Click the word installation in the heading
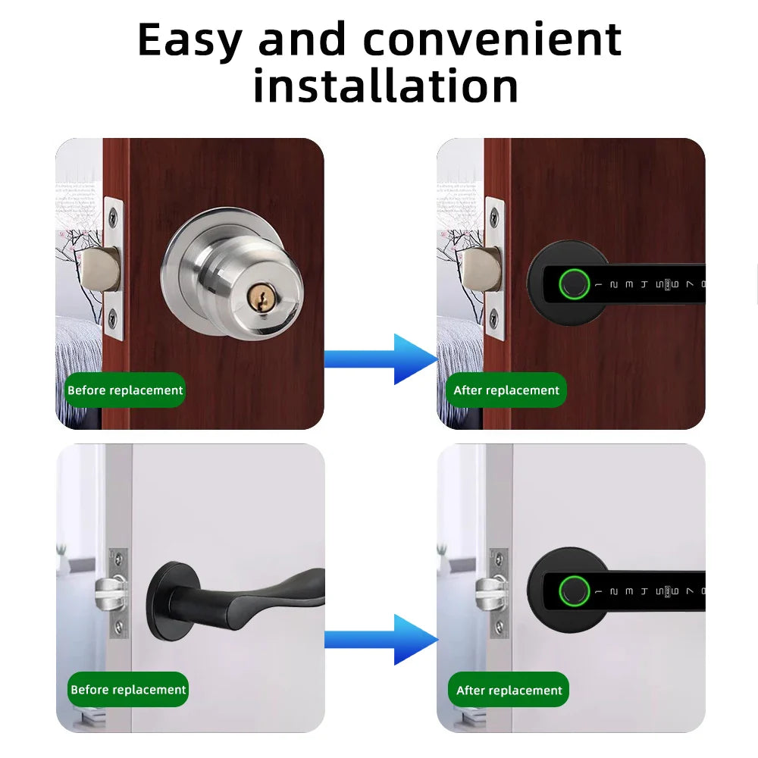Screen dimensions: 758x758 (x=386, y=86)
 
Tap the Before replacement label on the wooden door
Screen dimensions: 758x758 (x=125, y=390)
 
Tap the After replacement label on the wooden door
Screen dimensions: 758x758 (x=506, y=390)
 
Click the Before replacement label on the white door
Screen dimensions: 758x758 (x=128, y=690)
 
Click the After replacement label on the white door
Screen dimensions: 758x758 (x=509, y=690)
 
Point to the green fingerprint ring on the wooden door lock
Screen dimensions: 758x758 (x=573, y=284)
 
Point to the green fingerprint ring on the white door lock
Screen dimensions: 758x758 (x=573, y=590)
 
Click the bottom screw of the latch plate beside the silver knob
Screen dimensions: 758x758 (x=111, y=317)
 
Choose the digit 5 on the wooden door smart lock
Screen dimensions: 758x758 (x=658, y=284)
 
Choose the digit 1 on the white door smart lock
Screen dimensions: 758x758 (x=598, y=590)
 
